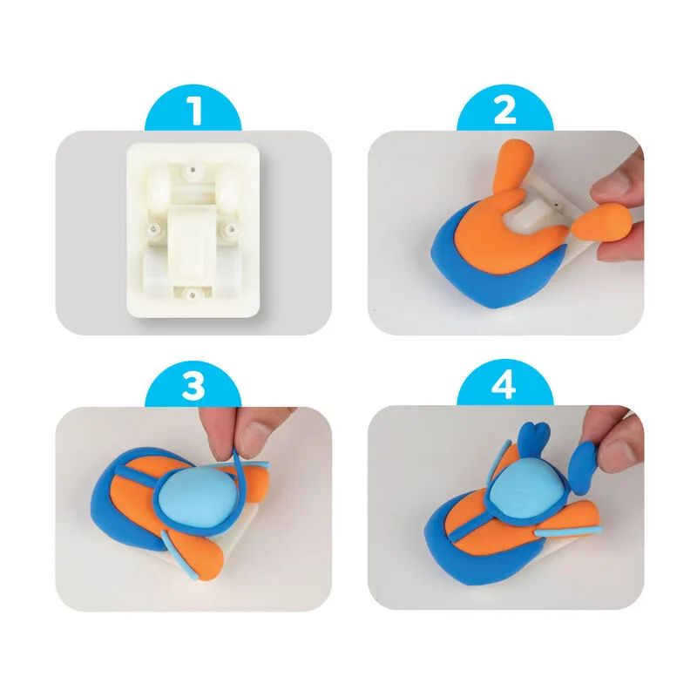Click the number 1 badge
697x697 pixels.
[193, 108]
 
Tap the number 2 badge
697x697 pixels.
[505, 108]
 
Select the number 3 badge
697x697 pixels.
[193, 384]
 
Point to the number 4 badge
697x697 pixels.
[505, 384]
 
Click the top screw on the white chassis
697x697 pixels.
[193, 169]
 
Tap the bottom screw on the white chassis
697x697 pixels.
[192, 294]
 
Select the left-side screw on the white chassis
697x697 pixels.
[154, 229]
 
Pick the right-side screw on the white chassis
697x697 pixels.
[231, 229]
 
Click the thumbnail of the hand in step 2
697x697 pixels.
[618, 183]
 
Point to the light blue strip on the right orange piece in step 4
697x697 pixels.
[569, 531]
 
